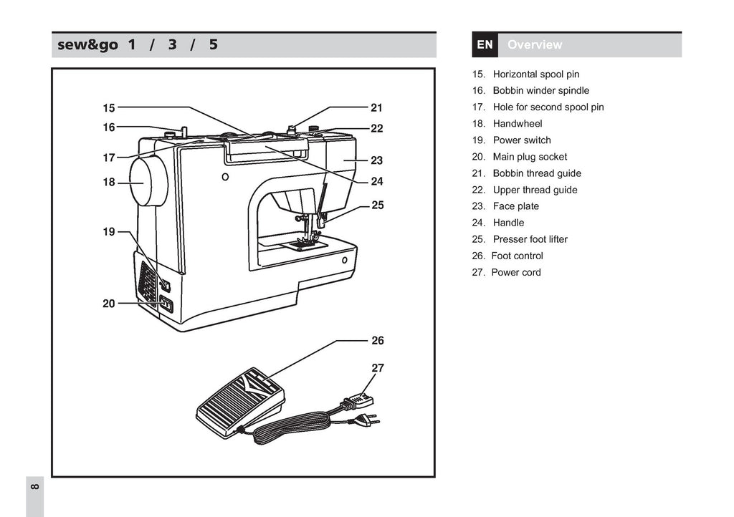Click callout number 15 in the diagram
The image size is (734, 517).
coord(108,108)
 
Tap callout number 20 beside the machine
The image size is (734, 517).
coord(108,304)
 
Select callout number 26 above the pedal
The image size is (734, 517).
coord(378,341)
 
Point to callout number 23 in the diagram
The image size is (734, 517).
coord(377,160)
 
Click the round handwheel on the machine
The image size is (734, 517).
coord(148,182)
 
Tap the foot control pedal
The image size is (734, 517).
coord(241,402)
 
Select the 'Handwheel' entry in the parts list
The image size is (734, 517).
coord(517,124)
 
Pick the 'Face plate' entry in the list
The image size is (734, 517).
coord(515,206)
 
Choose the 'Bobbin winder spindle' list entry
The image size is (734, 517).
coord(540,91)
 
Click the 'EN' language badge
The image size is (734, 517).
coord(485,45)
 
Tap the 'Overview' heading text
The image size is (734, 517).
coord(535,45)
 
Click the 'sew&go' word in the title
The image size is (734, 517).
coord(87,45)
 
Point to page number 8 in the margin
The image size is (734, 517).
coord(35,487)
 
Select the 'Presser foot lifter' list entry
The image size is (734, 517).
coord(530,239)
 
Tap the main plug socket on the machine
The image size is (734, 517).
coord(166,305)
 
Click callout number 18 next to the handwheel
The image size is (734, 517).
coord(108,183)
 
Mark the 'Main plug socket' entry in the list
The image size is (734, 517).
coord(530,157)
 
